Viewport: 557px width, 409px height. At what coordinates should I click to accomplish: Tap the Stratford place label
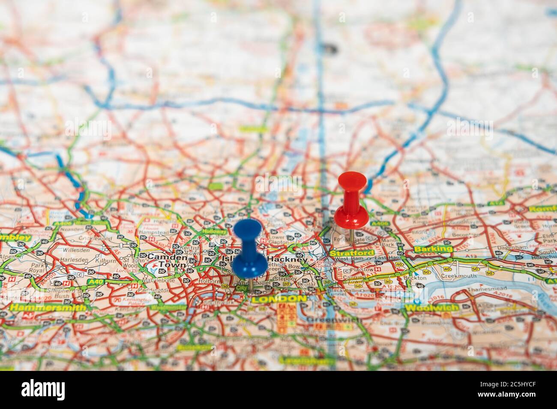point(346,253)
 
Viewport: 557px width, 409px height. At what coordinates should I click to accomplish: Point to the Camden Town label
point(168,261)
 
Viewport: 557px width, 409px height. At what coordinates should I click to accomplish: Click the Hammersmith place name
point(48,307)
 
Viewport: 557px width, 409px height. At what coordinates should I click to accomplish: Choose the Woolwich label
point(431,308)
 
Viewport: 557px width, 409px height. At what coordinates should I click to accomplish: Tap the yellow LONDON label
point(279,299)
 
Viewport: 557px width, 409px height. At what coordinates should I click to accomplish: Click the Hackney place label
point(287,260)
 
